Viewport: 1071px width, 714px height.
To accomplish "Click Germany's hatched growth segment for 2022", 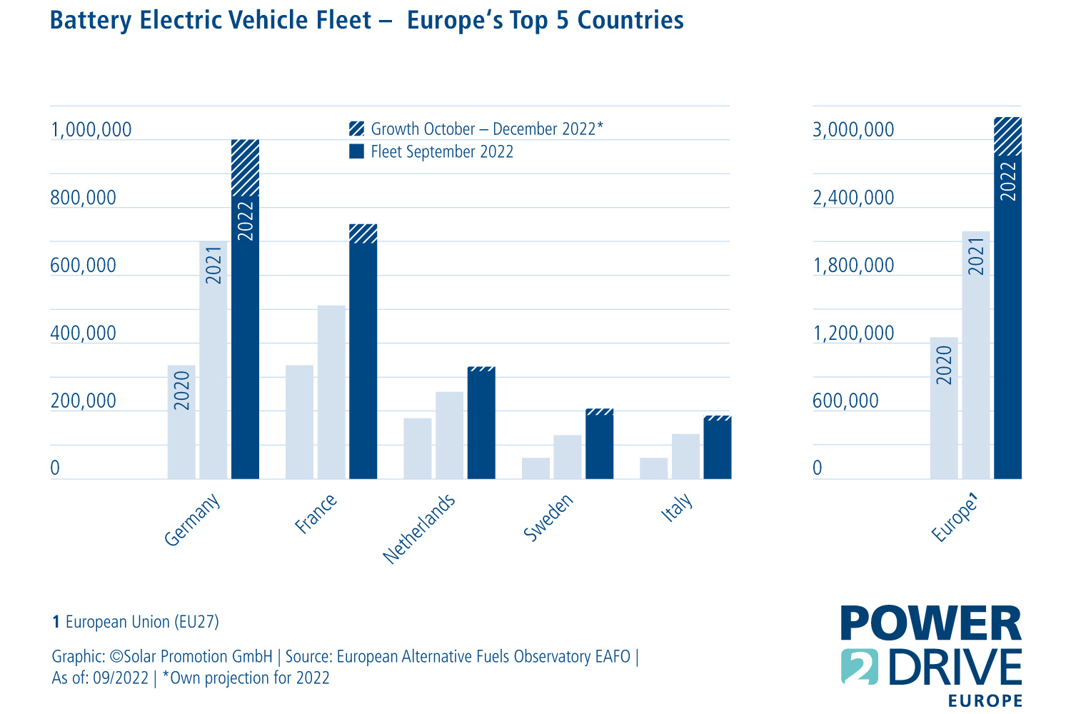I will click(x=245, y=167).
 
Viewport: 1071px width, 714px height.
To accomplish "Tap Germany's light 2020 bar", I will click(x=181, y=421).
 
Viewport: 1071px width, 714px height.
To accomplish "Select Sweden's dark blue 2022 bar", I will click(x=599, y=446).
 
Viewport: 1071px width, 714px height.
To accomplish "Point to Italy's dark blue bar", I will click(x=717, y=450).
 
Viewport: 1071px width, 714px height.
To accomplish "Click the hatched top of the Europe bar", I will click(x=1007, y=136).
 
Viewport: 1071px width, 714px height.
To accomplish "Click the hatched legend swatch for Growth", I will click(x=356, y=129).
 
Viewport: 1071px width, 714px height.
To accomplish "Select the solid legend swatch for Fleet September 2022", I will click(x=356, y=151).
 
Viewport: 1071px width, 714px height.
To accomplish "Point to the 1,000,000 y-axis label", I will click(x=91, y=130).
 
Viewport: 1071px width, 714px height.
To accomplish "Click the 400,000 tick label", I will click(x=83, y=333).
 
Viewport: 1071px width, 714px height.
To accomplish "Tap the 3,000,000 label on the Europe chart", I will click(x=853, y=130).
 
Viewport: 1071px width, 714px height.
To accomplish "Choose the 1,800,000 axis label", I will click(x=853, y=266).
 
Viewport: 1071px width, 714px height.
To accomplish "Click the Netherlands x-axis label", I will click(x=419, y=528).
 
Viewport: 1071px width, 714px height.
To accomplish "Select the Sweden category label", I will click(x=548, y=518).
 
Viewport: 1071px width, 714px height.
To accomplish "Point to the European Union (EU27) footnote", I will click(x=136, y=622).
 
